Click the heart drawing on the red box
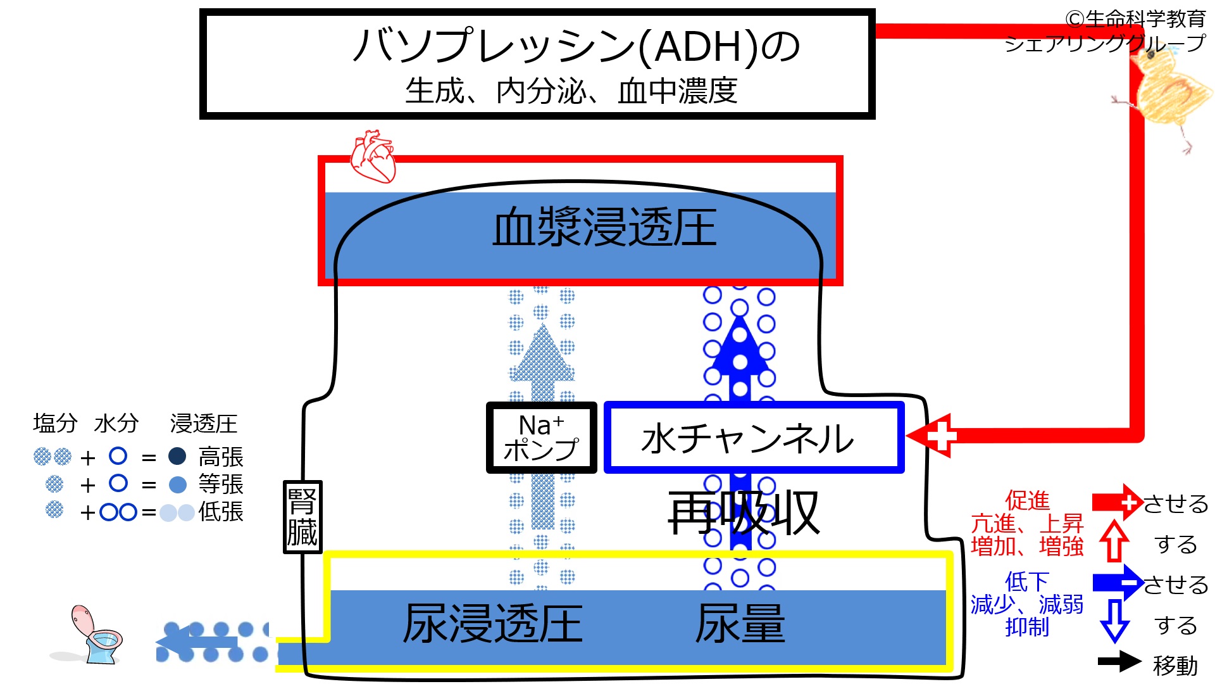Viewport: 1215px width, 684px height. (373, 156)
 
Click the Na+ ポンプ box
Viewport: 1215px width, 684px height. (541, 438)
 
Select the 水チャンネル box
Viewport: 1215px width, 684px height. (753, 438)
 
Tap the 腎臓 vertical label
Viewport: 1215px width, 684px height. (302, 517)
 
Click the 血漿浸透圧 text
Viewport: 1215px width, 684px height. (604, 228)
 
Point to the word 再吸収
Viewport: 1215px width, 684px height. (744, 513)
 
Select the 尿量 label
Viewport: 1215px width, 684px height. (740, 624)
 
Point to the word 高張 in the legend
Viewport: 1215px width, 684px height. (220, 457)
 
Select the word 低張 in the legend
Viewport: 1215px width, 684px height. (220, 511)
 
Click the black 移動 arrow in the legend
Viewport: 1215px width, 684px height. (1119, 662)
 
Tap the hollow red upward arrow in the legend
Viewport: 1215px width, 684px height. (1114, 541)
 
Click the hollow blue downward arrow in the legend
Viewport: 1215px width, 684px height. (1114, 621)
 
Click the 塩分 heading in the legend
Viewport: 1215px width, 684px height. (55, 423)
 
